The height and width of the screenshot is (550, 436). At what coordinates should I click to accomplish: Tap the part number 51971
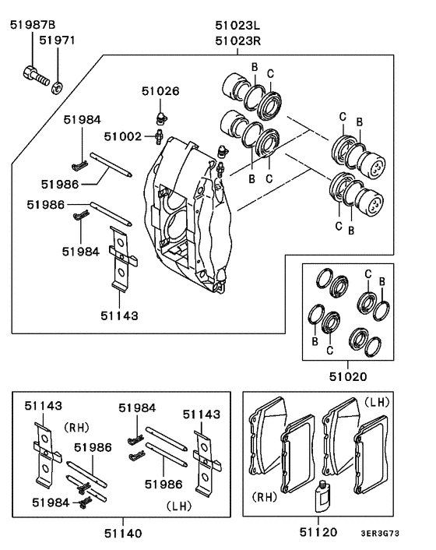click(x=58, y=40)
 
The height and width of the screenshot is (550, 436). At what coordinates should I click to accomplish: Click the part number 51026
click(x=160, y=91)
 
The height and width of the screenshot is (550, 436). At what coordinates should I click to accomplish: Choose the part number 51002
click(x=122, y=136)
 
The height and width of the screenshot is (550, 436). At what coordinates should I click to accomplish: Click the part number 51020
click(x=347, y=375)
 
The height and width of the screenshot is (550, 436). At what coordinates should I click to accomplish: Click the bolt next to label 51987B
click(x=34, y=76)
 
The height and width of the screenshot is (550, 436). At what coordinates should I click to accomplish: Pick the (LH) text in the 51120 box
click(x=378, y=402)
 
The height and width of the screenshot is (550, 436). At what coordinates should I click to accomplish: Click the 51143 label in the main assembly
click(x=119, y=316)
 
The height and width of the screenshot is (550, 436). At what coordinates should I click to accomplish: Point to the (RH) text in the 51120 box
click(x=265, y=495)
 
